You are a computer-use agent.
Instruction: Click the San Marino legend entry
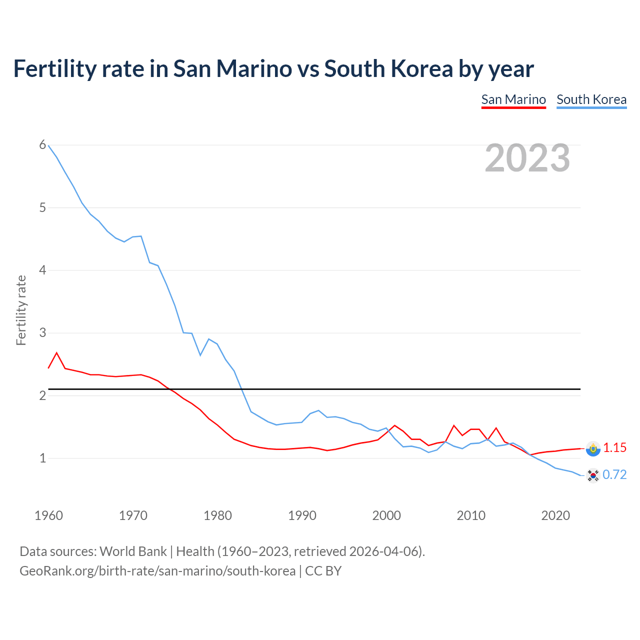pos(513,99)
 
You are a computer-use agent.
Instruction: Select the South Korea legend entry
pos(591,99)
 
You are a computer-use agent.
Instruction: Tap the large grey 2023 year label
pos(527,158)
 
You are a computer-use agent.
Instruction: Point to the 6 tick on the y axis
pos(42,145)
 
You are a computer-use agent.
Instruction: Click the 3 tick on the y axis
pos(42,332)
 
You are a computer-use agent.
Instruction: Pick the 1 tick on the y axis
pos(42,458)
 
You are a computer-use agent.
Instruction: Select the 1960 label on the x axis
pos(48,515)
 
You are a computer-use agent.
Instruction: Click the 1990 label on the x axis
pos(302,515)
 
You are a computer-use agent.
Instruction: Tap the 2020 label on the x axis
pos(555,515)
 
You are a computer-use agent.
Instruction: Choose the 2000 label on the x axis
pos(386,515)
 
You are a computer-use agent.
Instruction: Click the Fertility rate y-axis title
pos(21,310)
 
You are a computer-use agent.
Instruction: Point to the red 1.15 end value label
pos(614,447)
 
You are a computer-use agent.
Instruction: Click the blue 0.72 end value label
pos(614,474)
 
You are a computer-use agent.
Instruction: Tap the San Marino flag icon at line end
pos(593,448)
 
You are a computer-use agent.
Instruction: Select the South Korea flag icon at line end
pos(593,475)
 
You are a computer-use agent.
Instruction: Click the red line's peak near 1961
pos(56,353)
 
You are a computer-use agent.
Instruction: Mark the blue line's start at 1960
pos(48,145)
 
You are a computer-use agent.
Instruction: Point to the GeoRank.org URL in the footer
pos(157,570)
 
